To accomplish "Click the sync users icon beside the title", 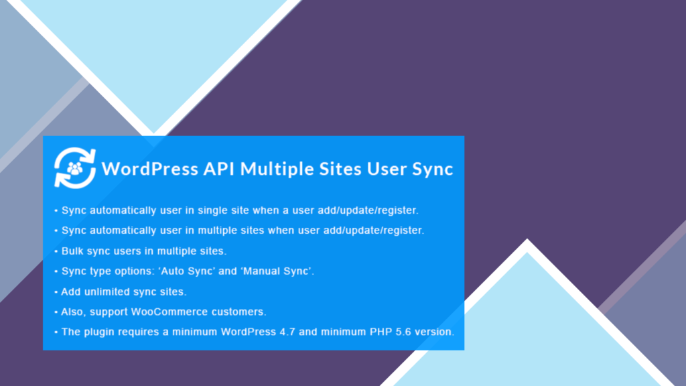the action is [x=75, y=168].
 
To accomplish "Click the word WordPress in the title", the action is [x=150, y=169].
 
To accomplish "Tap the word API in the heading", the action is [x=219, y=169].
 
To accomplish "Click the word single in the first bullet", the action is [x=212, y=211].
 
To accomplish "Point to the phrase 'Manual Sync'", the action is [x=277, y=271].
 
